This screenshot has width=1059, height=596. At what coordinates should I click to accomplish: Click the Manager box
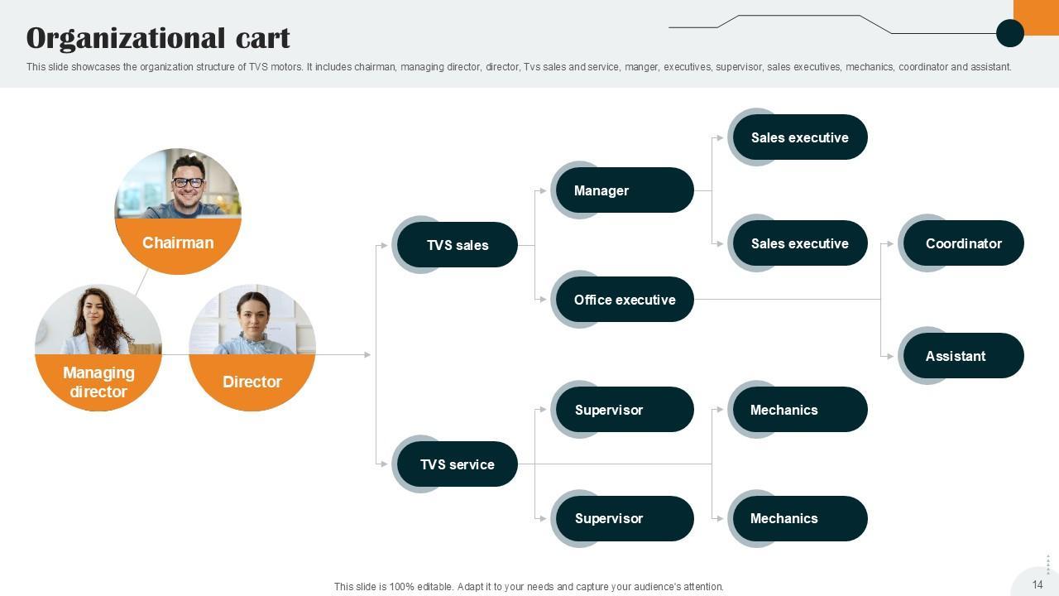click(x=622, y=190)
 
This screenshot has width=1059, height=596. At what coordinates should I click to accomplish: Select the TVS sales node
click(x=457, y=245)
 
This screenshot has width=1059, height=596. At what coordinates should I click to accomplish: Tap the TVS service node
click(x=457, y=464)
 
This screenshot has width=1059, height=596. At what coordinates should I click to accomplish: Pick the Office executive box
click(x=624, y=300)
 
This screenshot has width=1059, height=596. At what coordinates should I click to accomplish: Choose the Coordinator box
click(x=963, y=243)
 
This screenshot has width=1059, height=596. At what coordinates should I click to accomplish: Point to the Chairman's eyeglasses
click(x=188, y=182)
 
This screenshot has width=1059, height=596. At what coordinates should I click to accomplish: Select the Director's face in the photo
click(x=253, y=313)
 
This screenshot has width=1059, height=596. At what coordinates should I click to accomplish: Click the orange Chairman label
click(x=178, y=243)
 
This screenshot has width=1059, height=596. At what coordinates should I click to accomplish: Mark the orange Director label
click(x=252, y=382)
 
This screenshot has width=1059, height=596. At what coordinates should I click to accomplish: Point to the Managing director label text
click(x=98, y=382)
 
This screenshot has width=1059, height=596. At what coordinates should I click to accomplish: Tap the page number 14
click(x=1037, y=584)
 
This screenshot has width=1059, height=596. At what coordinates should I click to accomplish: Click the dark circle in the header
click(x=1010, y=33)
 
